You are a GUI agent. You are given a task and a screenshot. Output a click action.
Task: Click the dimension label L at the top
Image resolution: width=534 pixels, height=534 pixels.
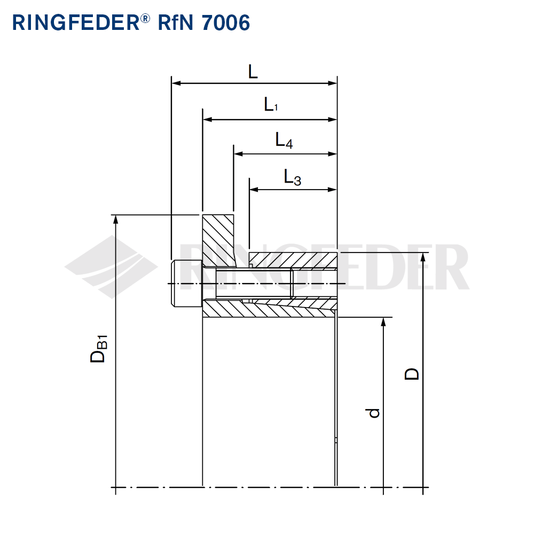point(253,72)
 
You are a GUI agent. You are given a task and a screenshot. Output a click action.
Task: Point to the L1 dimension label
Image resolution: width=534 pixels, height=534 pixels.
point(271,105)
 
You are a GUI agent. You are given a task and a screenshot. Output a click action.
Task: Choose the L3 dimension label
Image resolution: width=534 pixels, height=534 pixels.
point(292,177)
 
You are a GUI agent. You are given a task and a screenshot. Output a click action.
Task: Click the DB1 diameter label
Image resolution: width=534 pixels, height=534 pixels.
point(99,350)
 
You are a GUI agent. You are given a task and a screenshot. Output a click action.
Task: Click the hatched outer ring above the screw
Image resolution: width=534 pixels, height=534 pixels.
point(294,261)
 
